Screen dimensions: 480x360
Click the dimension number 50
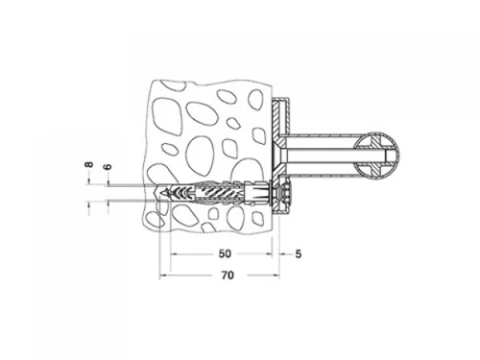click(x=225, y=253)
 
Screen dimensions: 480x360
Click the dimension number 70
click(x=228, y=276)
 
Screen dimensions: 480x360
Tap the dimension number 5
click(x=299, y=254)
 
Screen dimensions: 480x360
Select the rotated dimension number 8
click(x=88, y=164)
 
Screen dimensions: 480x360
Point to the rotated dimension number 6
click(x=108, y=166)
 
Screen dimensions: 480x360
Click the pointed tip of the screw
click(x=163, y=193)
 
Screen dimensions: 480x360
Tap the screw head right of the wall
click(x=285, y=193)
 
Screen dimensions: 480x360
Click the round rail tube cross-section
click(x=377, y=156)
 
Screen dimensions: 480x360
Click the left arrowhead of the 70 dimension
click(x=162, y=276)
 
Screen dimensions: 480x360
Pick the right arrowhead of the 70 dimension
click(x=277, y=276)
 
